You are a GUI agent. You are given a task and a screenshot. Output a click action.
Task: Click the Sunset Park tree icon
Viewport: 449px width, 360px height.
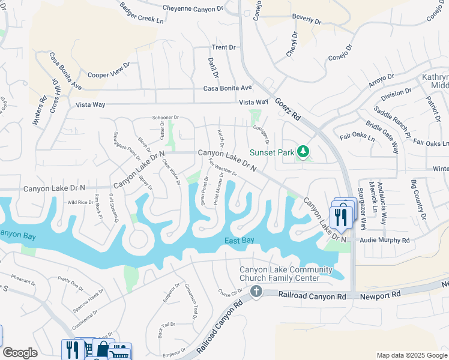coord(303,152)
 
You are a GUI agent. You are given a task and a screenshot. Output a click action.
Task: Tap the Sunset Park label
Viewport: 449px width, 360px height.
coord(270,152)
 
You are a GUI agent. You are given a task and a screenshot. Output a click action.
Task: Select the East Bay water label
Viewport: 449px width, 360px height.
coord(240,241)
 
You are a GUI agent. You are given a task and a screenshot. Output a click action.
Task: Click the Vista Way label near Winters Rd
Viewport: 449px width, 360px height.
coord(91,105)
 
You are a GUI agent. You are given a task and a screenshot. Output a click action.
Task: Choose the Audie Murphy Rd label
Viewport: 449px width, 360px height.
coord(385,240)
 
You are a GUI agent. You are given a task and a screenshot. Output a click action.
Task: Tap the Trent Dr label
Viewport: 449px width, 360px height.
coord(223,47)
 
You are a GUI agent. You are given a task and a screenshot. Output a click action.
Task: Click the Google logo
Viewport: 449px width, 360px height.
coord(20,353)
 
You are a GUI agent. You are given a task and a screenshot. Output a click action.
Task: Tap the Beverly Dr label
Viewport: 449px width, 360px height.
coord(307,19)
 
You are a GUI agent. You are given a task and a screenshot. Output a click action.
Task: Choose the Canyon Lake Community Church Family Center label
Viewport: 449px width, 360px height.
coord(286,274)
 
